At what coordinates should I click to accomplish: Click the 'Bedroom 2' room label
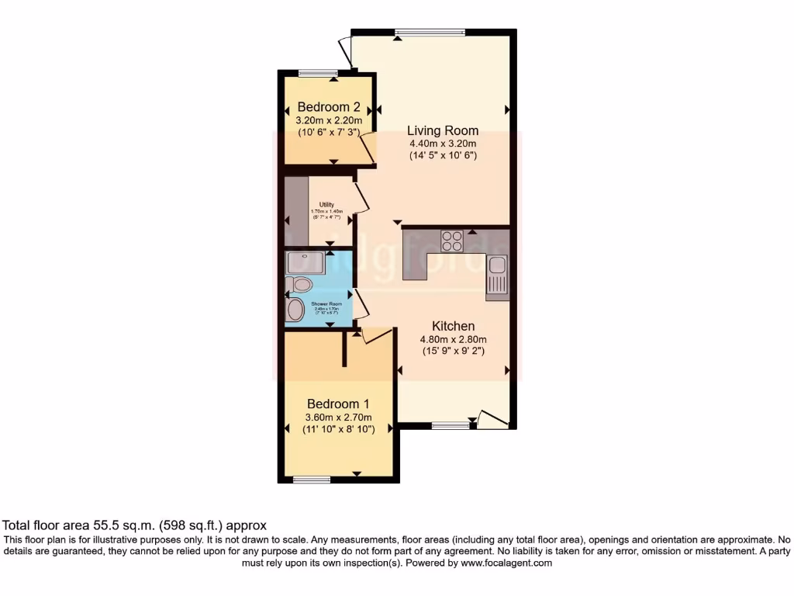pos(330,107)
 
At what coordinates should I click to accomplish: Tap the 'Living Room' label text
pos(443,130)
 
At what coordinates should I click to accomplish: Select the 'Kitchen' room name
pos(454,326)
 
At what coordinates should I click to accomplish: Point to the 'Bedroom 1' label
pos(338,404)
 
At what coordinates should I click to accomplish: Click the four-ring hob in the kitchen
pos(453,241)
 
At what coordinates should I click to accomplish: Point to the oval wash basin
pos(295,310)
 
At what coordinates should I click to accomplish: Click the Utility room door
pos(359,199)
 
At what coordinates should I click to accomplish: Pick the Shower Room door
pos(359,303)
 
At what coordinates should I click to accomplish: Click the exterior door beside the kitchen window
pos(493,421)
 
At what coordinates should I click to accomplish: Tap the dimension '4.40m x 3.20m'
pos(443,144)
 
